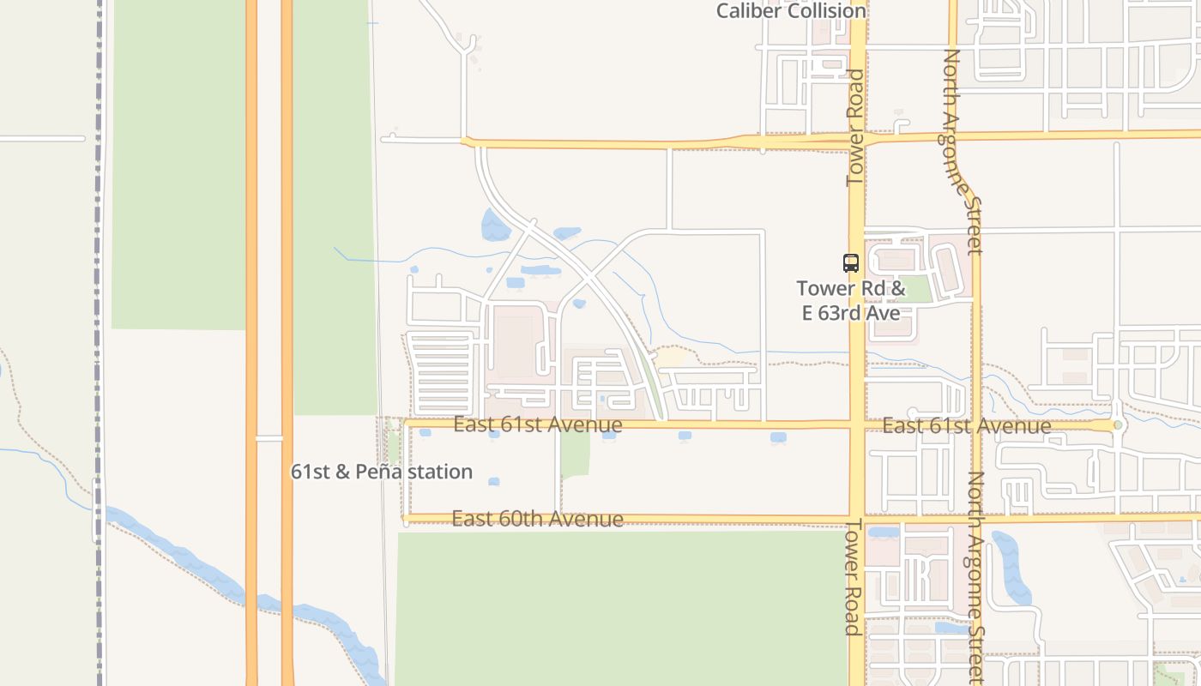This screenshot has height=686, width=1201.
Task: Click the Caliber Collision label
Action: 791,11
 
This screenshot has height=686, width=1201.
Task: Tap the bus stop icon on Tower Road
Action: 851,263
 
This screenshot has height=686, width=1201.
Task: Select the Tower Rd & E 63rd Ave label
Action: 851,300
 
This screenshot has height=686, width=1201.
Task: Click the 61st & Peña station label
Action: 382,472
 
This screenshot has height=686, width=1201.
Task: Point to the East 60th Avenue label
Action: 538,519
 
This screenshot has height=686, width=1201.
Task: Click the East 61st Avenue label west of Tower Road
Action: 538,424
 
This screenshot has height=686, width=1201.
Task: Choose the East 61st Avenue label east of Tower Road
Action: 967,425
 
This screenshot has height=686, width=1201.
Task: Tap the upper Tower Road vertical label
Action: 855,127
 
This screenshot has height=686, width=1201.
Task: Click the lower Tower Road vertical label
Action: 853,576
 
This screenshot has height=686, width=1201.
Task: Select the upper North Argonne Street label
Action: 963,151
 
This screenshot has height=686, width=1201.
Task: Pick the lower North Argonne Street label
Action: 976,576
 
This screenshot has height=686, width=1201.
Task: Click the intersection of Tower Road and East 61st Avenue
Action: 857,424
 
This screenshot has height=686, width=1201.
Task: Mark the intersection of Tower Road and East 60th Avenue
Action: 857,518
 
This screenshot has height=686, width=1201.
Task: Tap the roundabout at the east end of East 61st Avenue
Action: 1117,425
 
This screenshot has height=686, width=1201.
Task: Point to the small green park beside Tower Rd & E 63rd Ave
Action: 916,289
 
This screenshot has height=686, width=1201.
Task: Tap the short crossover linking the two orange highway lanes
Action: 269,438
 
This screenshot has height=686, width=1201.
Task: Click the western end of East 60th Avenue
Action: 406,518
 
